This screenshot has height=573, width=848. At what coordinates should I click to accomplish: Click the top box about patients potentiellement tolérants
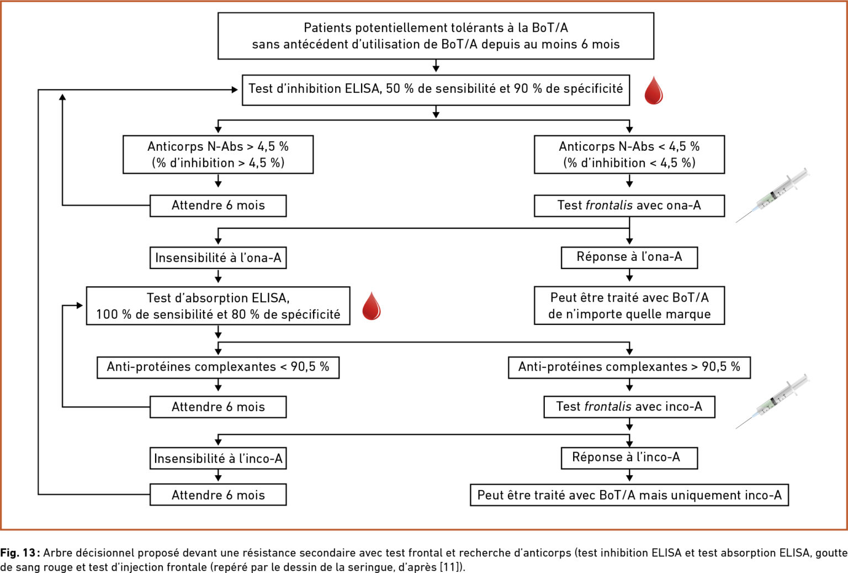436,36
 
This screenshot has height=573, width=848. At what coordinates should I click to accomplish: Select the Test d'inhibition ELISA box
436,90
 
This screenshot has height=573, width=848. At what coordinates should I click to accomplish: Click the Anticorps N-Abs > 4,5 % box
218,155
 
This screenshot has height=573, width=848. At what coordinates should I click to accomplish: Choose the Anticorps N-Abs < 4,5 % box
629,155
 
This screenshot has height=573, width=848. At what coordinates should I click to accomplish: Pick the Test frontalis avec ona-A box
629,206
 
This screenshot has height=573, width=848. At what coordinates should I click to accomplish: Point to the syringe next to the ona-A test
772,195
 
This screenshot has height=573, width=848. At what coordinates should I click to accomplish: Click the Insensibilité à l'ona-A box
218,257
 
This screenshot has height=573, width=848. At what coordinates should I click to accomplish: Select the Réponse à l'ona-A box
629,257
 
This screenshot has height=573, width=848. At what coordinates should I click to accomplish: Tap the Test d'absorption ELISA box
218,306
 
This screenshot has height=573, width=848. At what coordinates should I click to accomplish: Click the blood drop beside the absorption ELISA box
372,306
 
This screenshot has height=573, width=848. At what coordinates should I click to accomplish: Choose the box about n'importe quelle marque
629,306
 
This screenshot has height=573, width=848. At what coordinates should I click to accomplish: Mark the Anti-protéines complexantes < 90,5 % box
218,367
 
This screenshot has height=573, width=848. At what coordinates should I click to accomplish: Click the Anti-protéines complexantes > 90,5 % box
629,367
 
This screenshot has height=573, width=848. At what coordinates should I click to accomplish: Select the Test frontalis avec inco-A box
629,407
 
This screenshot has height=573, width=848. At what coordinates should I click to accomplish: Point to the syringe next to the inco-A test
772,402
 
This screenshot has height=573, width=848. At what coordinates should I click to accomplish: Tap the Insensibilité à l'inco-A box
218,458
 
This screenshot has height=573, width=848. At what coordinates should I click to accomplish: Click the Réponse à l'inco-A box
629,458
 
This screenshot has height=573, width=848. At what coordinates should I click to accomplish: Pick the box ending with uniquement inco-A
629,495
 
